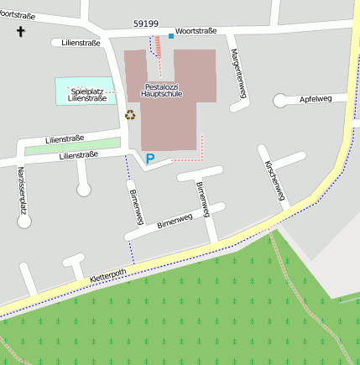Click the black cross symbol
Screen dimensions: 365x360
(x=21, y=32)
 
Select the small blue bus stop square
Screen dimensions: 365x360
(x=171, y=36)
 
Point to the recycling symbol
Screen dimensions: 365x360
(x=130, y=115)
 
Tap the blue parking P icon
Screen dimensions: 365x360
(x=150, y=158)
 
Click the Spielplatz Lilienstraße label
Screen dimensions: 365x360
(x=87, y=95)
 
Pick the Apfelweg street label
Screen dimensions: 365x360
(x=316, y=99)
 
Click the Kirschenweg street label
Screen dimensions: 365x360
(x=274, y=180)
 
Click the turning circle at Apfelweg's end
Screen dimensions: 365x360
(x=279, y=101)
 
